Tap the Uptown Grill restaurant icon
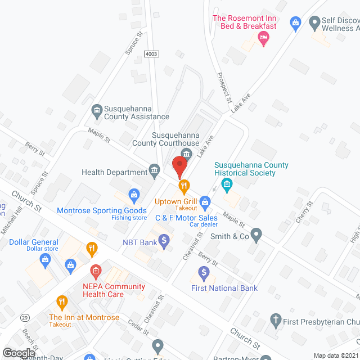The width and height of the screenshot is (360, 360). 183,186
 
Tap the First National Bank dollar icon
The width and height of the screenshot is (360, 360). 204,273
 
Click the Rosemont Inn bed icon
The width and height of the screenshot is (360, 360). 263,38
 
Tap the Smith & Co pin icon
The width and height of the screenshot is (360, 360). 256,234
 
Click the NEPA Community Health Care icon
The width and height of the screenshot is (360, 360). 96,272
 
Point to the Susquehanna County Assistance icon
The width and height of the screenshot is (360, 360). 97,110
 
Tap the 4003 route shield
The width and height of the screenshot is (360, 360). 151,53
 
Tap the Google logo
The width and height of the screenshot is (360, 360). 19,353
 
